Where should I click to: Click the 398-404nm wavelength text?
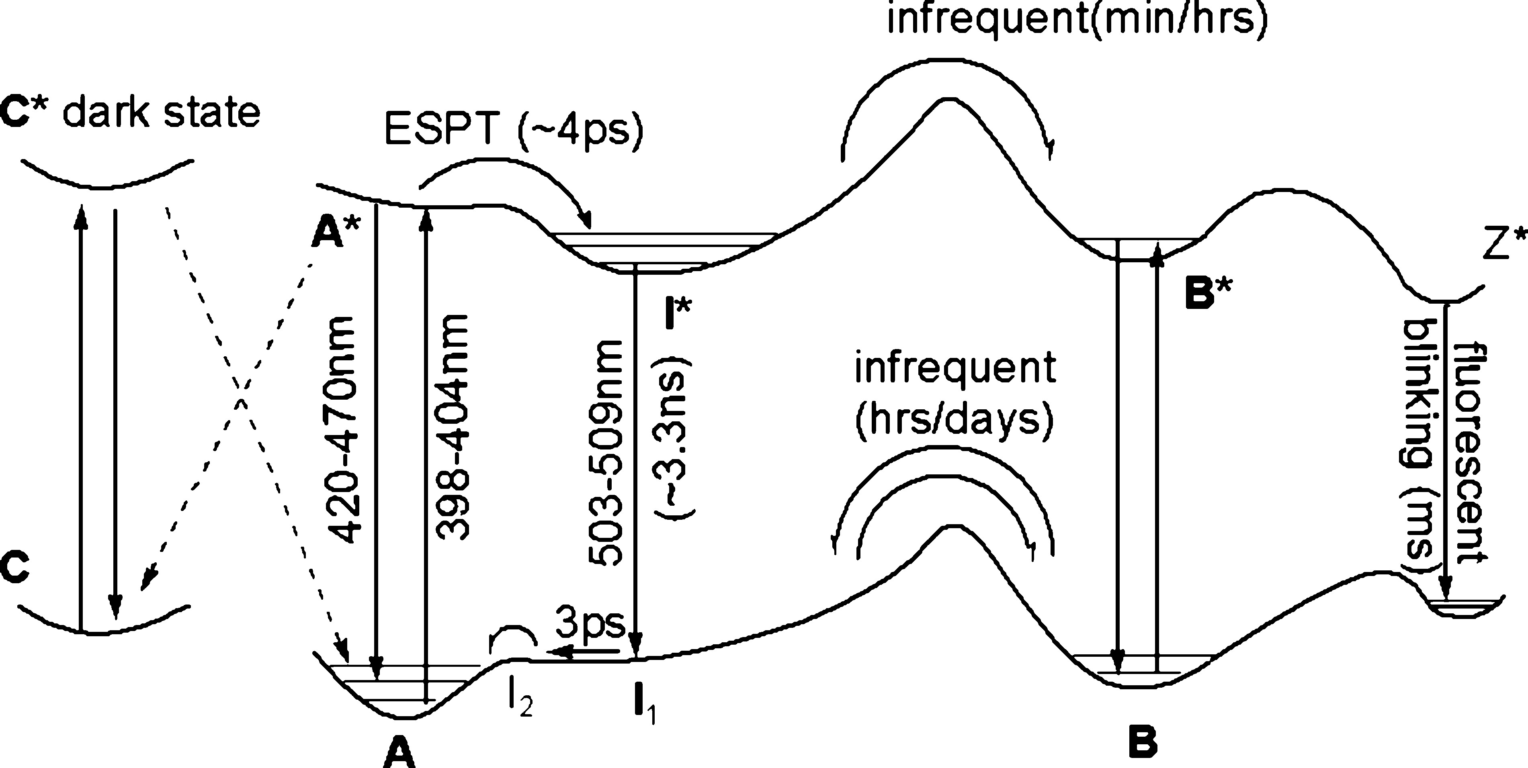452,427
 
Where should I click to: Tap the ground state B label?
1142,743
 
